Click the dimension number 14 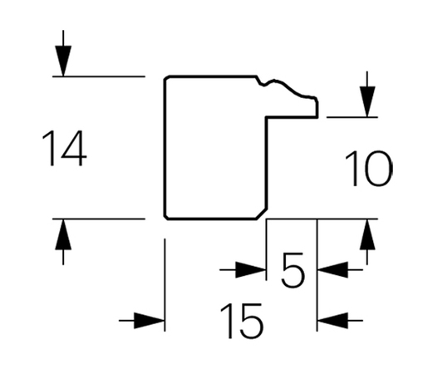click(x=64, y=148)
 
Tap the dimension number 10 click(x=369, y=169)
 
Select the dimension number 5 click(x=293, y=270)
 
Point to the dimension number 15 click(x=242, y=321)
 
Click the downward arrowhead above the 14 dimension click(x=63, y=61)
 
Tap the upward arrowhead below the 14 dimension click(x=63, y=234)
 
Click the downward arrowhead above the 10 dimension click(x=367, y=101)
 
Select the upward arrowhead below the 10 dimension click(x=367, y=234)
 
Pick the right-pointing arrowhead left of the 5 click(x=251, y=269)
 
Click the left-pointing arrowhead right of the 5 click(x=332, y=269)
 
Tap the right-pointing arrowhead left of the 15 click(x=150, y=321)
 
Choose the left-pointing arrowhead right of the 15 click(x=332, y=321)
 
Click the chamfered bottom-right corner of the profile click(x=262, y=214)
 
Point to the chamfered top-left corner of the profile click(x=166, y=78)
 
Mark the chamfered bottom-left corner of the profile click(x=166, y=217)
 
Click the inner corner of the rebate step click(x=267, y=117)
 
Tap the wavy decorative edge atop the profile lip click(x=287, y=87)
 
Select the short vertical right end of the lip click(x=317, y=109)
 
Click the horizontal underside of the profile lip click(x=292, y=117)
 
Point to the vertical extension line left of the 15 click(x=165, y=285)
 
